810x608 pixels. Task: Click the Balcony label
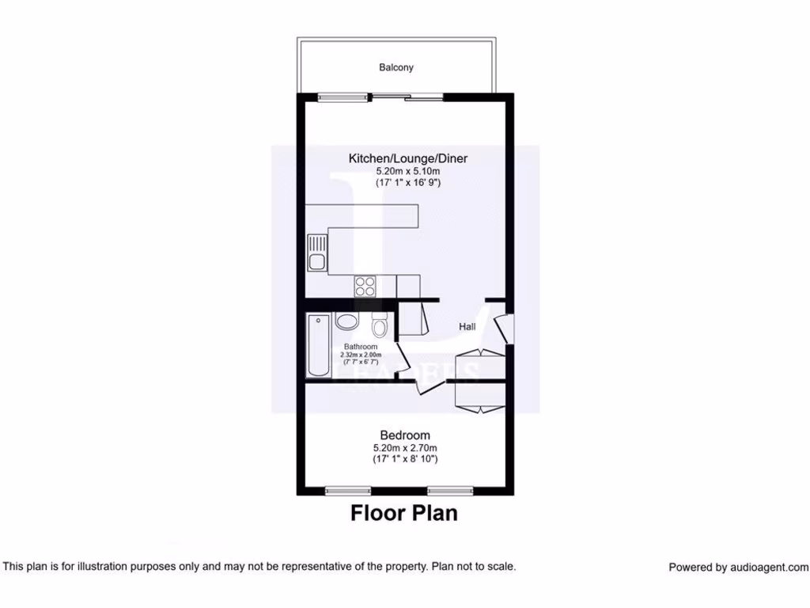(x=396, y=67)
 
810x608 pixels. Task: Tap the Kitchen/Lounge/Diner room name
(x=407, y=158)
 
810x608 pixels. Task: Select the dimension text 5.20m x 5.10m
(x=407, y=171)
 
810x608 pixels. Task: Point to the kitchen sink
(x=316, y=253)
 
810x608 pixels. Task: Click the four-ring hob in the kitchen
(x=365, y=285)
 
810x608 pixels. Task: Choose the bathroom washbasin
(x=346, y=321)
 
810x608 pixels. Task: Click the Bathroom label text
(x=360, y=347)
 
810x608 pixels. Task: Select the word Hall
(x=467, y=326)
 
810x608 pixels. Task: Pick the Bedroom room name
(x=405, y=435)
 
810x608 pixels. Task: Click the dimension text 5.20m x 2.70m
(x=405, y=447)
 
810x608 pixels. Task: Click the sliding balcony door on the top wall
(x=407, y=97)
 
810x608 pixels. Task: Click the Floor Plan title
(x=403, y=513)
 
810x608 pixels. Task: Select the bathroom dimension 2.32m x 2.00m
(x=360, y=355)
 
